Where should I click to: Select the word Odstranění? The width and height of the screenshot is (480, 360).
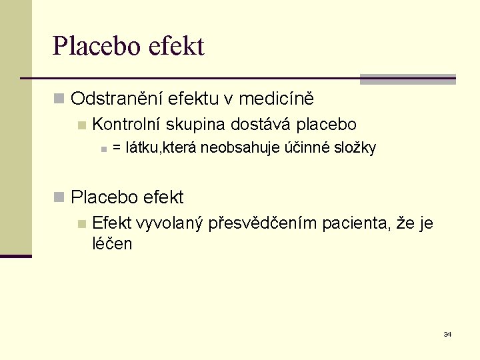click(116, 99)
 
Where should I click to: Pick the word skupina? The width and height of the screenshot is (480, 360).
click(196, 125)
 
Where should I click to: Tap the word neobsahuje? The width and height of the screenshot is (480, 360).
click(233, 148)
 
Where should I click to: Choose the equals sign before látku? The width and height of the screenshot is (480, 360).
click(117, 148)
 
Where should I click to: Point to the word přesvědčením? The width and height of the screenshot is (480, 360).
click(263, 223)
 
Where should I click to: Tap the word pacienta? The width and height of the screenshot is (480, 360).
click(355, 223)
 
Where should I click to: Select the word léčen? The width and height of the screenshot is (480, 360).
click(112, 244)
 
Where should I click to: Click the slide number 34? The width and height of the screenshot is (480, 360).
click(447, 334)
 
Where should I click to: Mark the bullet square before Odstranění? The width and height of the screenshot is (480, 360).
click(59, 100)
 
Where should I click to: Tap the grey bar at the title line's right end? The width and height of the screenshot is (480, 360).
click(407, 79)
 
